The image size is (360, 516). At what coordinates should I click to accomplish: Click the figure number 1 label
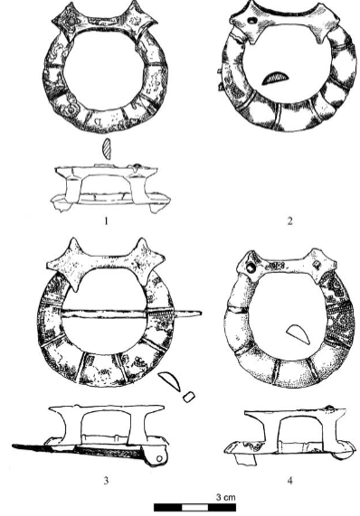point(106,221)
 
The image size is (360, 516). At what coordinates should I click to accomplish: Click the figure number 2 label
point(289,221)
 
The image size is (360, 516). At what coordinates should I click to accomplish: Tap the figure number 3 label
point(106,481)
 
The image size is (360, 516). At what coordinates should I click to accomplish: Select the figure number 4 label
point(289,481)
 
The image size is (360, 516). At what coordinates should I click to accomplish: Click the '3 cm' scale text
point(226,497)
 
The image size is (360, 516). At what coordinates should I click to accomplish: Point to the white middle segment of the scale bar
point(195,508)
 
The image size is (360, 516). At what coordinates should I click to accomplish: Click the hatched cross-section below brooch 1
point(107,149)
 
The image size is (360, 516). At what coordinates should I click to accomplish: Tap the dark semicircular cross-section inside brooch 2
point(275,78)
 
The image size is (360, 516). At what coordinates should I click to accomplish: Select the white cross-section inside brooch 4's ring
point(298,334)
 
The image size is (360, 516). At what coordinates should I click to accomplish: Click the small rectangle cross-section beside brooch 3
point(189,397)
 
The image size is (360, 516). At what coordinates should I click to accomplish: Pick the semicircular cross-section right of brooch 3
point(170,381)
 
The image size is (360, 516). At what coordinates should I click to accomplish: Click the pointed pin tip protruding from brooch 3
point(200,313)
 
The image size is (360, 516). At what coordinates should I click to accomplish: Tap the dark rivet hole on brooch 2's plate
point(252,21)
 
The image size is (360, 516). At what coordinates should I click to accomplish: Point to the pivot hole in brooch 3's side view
point(160,458)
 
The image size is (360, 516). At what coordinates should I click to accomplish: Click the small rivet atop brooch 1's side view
point(137,165)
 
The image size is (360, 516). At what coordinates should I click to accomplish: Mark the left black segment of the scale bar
point(168,508)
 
